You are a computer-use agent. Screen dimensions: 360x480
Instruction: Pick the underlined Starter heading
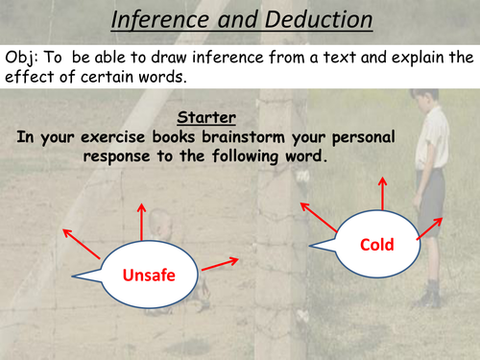pyautogui.click(x=206, y=120)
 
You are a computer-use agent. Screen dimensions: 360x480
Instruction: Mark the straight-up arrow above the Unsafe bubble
pyautogui.click(x=141, y=223)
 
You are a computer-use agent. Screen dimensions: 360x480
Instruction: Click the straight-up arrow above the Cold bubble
pyautogui.click(x=385, y=194)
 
